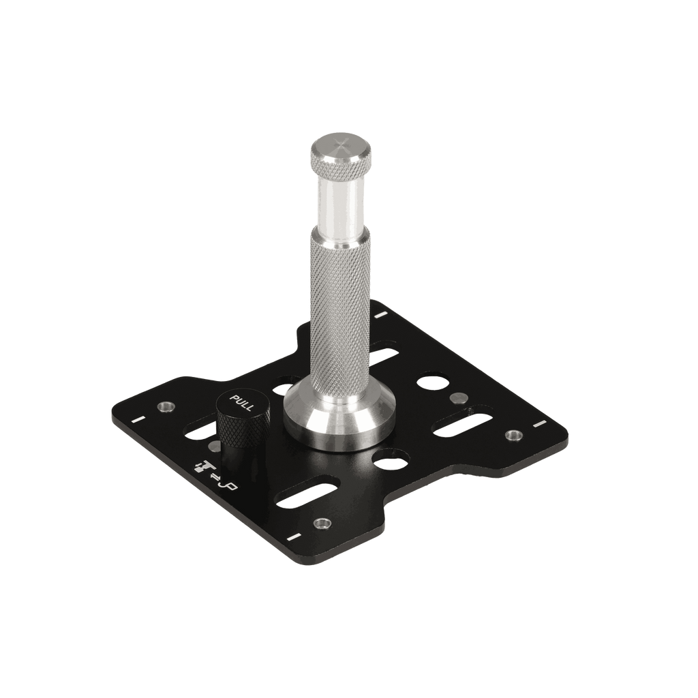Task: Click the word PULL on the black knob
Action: (243, 404)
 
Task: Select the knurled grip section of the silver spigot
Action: (342, 307)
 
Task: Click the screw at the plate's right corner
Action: (511, 434)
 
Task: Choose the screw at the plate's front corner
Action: (320, 523)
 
